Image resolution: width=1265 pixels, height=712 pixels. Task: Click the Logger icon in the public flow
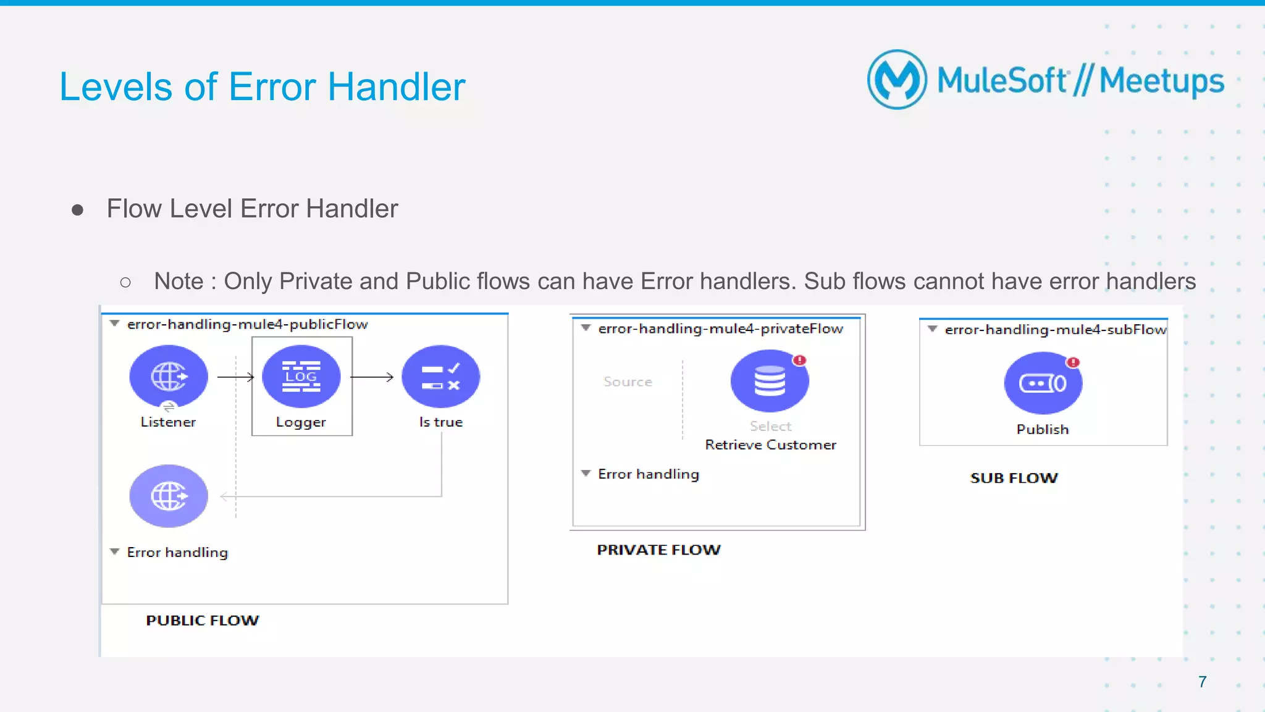[x=301, y=376]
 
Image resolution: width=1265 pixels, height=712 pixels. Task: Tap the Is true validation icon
[x=440, y=376]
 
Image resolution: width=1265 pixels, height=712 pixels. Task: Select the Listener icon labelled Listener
[x=168, y=376]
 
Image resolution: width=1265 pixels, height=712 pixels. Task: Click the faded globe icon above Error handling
[x=168, y=496]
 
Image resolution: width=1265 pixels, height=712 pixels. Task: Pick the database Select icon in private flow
[x=769, y=381]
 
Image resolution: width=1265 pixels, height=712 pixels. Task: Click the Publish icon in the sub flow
[x=1043, y=383]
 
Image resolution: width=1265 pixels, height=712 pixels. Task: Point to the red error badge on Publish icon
[x=1074, y=362]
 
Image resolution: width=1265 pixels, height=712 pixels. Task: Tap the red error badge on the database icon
[x=800, y=360]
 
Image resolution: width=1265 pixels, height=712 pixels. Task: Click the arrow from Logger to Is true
[x=372, y=377]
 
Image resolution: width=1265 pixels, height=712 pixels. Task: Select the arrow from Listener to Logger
[x=236, y=377]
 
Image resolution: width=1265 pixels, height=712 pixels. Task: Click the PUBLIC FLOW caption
[x=203, y=620]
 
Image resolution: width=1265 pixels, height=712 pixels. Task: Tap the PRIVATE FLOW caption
[x=658, y=550]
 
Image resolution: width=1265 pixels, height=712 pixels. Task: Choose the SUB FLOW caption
[x=1014, y=478]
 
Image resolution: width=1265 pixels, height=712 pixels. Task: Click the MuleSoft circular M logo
[x=897, y=80]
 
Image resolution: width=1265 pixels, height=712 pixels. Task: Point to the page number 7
[x=1202, y=682]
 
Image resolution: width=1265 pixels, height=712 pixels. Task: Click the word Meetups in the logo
[x=1161, y=82]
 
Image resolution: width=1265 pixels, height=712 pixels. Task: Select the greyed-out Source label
[x=628, y=382]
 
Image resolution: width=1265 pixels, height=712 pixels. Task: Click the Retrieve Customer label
[x=770, y=445]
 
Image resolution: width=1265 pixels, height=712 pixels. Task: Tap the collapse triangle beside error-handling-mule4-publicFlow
[x=114, y=324]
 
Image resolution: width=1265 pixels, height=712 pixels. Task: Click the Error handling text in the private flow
[x=649, y=474]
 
